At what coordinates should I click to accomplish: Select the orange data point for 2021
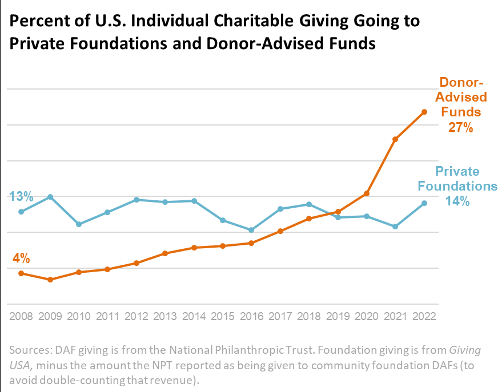coord(395,139)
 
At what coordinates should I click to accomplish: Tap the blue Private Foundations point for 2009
coord(50,197)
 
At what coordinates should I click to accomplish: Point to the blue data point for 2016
coord(251,230)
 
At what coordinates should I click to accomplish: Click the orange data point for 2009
coord(50,280)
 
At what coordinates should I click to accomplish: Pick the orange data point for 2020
coord(367,194)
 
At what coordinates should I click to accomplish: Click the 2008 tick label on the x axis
coord(21,316)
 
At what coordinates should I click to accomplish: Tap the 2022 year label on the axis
coord(424,316)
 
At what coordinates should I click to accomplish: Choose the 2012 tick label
coord(136,316)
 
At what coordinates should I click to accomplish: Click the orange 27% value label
coord(460,127)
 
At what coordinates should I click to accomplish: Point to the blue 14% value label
coord(457,201)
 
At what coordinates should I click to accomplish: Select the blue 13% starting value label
coord(21,197)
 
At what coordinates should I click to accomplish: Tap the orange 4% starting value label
coord(21,258)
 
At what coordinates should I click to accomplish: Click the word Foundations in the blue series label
coord(457,186)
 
